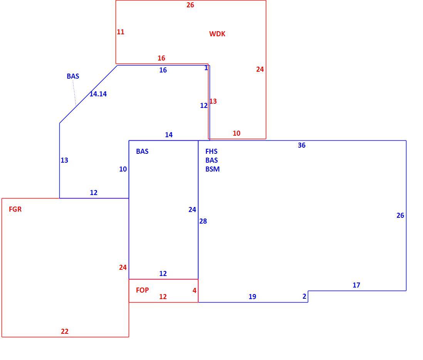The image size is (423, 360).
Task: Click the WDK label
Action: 217,34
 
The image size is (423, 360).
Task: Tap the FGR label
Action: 15,209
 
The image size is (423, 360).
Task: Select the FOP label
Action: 143,290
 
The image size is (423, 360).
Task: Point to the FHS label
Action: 211,151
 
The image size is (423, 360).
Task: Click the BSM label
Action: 213,169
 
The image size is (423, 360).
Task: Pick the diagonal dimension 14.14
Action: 98,94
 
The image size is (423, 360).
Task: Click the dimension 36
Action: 302,145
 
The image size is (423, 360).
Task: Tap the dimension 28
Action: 203,221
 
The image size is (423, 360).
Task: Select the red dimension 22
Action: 65,331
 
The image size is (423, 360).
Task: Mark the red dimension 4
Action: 195,291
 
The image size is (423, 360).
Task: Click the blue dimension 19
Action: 252,297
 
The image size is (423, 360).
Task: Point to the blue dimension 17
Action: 356,285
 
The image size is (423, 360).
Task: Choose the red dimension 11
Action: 121,32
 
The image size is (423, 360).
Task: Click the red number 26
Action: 190,5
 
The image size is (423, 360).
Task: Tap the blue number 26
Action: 400,215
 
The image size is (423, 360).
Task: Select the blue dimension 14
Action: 169,135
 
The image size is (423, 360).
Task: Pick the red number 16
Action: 161,58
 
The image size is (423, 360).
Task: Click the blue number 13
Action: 64,160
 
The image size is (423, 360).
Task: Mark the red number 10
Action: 237,133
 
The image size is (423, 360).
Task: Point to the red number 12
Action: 163,297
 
